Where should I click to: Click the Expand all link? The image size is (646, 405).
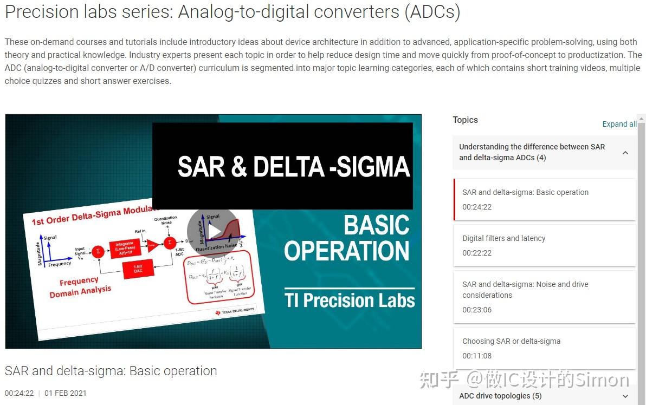pyautogui.click(x=619, y=124)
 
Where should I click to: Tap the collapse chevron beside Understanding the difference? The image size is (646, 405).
pyautogui.click(x=625, y=153)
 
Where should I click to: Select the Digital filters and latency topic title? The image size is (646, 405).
pyautogui.click(x=503, y=238)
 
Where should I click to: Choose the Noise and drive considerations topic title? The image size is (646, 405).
pyautogui.click(x=525, y=290)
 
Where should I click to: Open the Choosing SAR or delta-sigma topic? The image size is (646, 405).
pyautogui.click(x=511, y=341)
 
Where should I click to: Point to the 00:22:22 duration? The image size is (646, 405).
pyautogui.click(x=477, y=253)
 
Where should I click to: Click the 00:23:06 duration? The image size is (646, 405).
pyautogui.click(x=477, y=310)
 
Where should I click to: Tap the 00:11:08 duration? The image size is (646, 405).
pyautogui.click(x=477, y=356)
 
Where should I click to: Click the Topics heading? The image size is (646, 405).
pyautogui.click(x=465, y=120)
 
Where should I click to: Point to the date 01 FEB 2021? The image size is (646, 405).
pyautogui.click(x=66, y=393)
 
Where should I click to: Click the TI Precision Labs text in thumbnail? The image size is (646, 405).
pyautogui.click(x=350, y=301)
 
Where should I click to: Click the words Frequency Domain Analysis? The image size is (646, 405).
pyautogui.click(x=80, y=287)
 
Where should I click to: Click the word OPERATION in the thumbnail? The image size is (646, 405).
pyautogui.click(x=346, y=251)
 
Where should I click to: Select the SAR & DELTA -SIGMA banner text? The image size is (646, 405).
pyautogui.click(x=293, y=167)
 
